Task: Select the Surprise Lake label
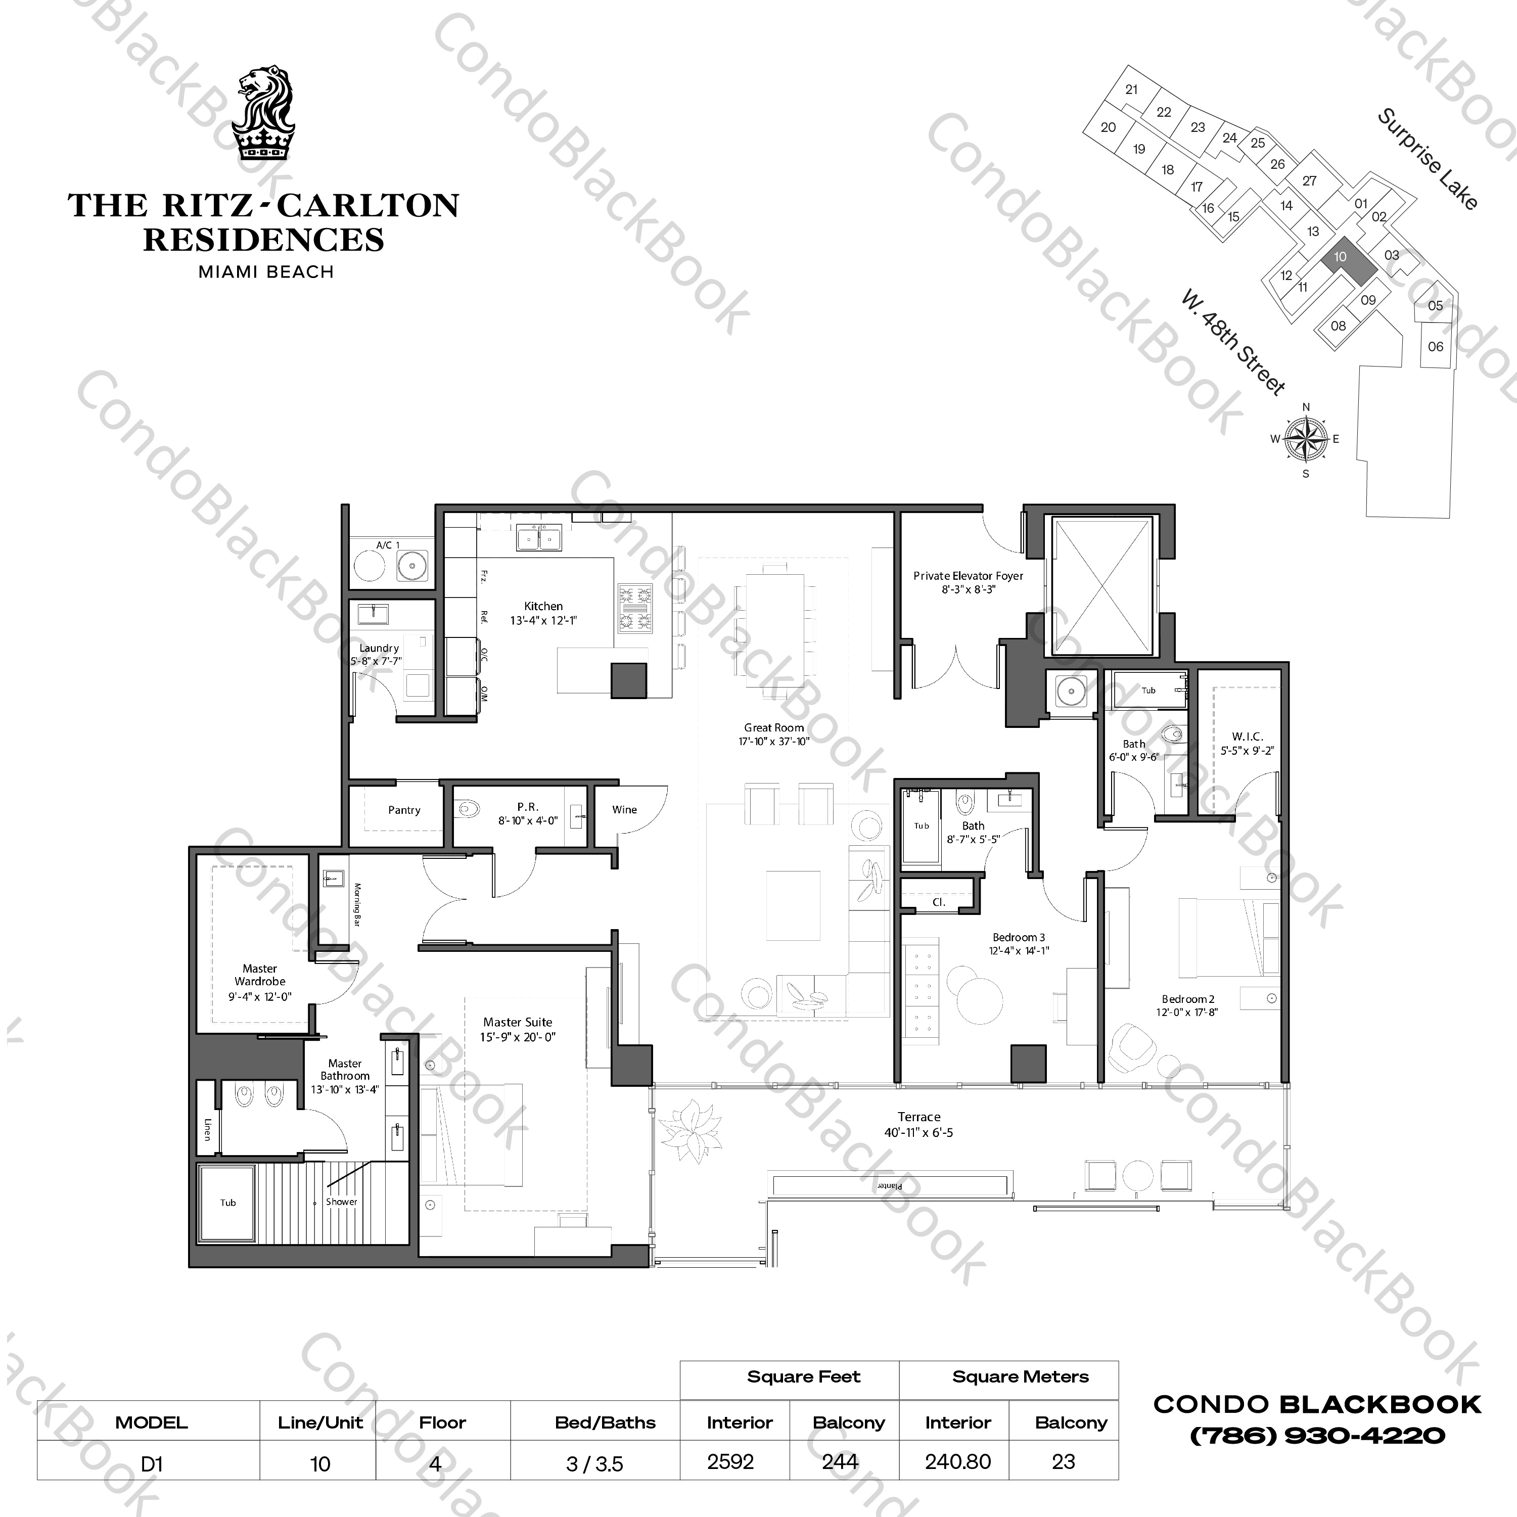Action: (x=1428, y=159)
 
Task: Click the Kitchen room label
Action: (x=543, y=606)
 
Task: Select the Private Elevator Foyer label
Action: (x=968, y=576)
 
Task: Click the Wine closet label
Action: (x=624, y=809)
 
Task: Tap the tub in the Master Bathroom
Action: (x=227, y=1202)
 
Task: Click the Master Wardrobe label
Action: (x=260, y=975)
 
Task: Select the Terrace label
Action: (x=918, y=1117)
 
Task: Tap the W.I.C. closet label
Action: (x=1247, y=737)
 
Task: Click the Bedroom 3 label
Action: (x=1019, y=937)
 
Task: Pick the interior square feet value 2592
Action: (x=730, y=1462)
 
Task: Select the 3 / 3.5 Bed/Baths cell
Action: (x=594, y=1463)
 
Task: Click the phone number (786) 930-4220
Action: (x=1317, y=1436)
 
